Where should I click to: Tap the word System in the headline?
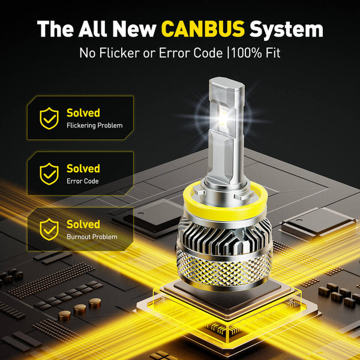(x=286, y=29)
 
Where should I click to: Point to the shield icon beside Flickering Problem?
(x=49, y=118)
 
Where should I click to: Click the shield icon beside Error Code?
(x=49, y=174)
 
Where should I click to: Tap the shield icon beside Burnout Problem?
(x=49, y=229)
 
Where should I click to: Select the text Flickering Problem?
(x=94, y=125)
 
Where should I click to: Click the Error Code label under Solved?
(x=82, y=181)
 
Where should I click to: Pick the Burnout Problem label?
(x=92, y=236)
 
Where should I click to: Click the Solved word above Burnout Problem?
(x=83, y=224)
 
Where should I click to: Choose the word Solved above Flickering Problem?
(x=83, y=113)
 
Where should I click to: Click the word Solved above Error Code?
(x=83, y=169)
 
